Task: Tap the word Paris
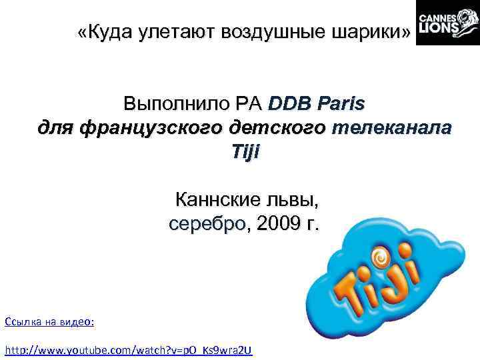pyautogui.click(x=341, y=105)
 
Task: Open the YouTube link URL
pyautogui.click(x=129, y=350)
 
